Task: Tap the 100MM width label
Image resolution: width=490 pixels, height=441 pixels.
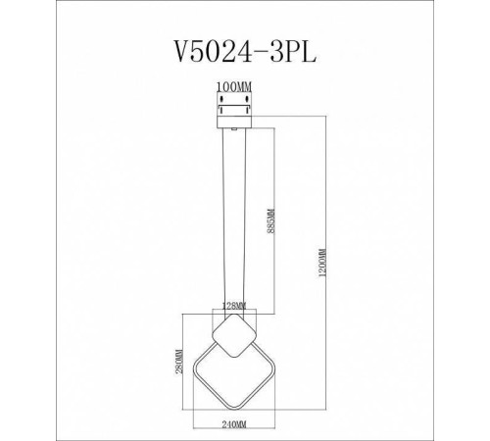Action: click(234, 86)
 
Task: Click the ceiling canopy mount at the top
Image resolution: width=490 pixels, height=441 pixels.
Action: click(234, 114)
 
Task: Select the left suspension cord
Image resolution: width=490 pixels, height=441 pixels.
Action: click(224, 216)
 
